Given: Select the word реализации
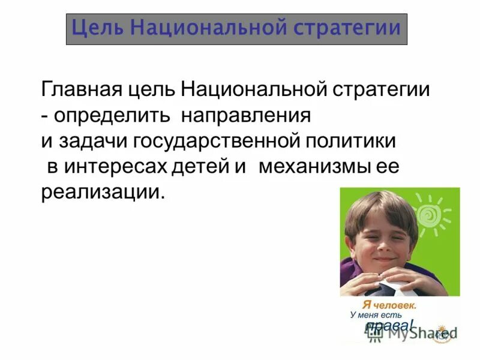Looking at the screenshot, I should pos(102,193).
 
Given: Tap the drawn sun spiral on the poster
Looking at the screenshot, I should pos(430,214).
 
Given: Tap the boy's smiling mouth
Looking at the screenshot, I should pos(383,259).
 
